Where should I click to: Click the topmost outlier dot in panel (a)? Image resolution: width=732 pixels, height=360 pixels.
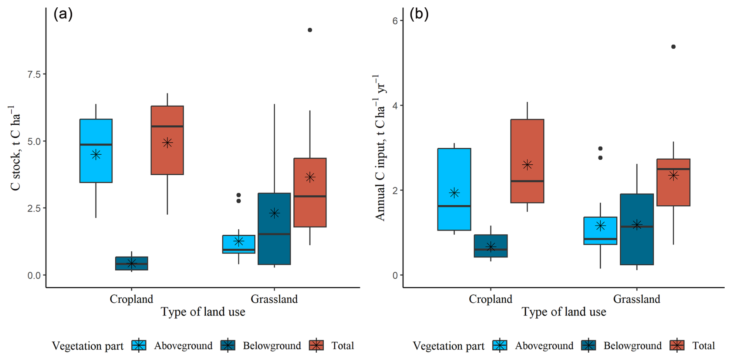(x=310, y=30)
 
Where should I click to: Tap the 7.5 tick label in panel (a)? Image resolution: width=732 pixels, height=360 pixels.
(x=34, y=74)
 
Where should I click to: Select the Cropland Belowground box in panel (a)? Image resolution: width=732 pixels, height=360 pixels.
(x=132, y=263)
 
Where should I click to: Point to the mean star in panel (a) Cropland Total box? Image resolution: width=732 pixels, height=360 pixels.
(x=167, y=143)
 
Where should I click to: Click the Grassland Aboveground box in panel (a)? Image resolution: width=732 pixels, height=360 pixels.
(x=239, y=244)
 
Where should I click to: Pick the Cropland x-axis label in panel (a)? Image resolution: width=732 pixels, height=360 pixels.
(x=131, y=299)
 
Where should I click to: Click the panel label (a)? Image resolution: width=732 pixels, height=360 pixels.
(x=63, y=14)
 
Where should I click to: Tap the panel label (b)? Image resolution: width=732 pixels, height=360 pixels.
(x=419, y=14)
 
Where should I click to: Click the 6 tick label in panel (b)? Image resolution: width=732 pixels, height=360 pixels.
(x=395, y=21)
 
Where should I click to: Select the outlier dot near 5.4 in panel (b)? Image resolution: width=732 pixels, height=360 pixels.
(x=673, y=47)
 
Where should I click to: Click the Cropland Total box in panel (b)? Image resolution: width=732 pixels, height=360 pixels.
(x=527, y=161)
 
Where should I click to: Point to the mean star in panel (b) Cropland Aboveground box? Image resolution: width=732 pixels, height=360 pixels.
(x=454, y=193)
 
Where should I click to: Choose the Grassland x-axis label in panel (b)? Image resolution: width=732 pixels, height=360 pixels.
(x=636, y=299)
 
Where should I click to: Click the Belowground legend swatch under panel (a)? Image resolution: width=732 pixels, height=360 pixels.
(x=228, y=345)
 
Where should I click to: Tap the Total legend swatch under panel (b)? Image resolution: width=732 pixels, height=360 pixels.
(x=677, y=345)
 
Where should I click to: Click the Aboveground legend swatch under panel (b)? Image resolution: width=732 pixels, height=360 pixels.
(x=500, y=345)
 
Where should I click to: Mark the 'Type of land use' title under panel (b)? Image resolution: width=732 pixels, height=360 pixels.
(x=564, y=312)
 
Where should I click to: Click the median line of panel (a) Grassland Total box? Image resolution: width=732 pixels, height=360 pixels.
(x=310, y=196)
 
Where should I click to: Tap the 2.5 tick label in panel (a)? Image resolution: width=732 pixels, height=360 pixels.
(x=34, y=208)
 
